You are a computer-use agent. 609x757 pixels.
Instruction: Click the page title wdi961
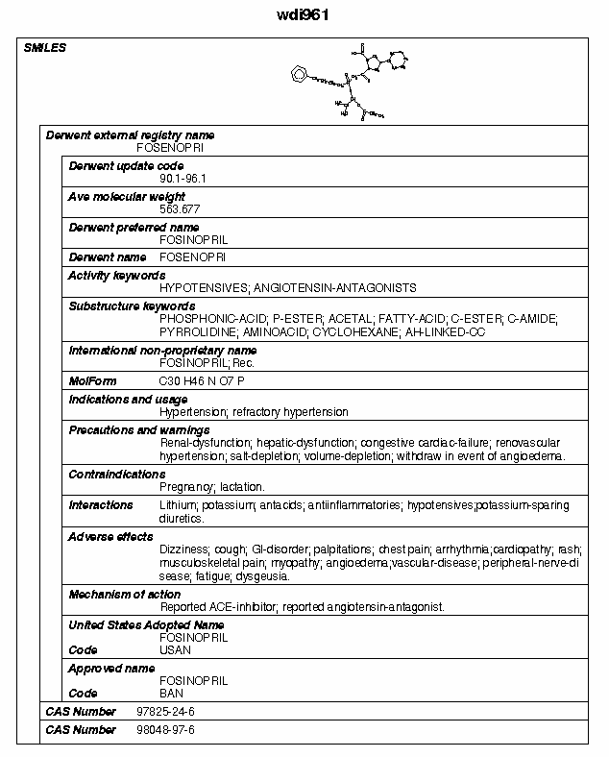tap(304, 15)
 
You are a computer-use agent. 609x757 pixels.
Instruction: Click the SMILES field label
tap(44, 48)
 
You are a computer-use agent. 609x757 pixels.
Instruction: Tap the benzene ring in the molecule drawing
tap(301, 72)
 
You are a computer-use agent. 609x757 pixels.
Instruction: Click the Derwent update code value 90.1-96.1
tap(183, 178)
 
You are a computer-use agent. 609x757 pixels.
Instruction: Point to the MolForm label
tap(92, 381)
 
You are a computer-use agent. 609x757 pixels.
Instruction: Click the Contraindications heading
tap(116, 474)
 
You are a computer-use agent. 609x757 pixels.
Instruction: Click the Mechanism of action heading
tap(124, 595)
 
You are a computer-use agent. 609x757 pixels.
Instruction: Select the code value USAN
tap(175, 649)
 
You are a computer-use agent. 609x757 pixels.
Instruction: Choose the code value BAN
tap(171, 693)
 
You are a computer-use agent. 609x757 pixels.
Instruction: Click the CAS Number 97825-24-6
tap(166, 711)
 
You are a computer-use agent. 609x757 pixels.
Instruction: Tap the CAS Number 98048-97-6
tap(166, 730)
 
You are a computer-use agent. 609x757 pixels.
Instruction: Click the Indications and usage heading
tap(128, 400)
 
